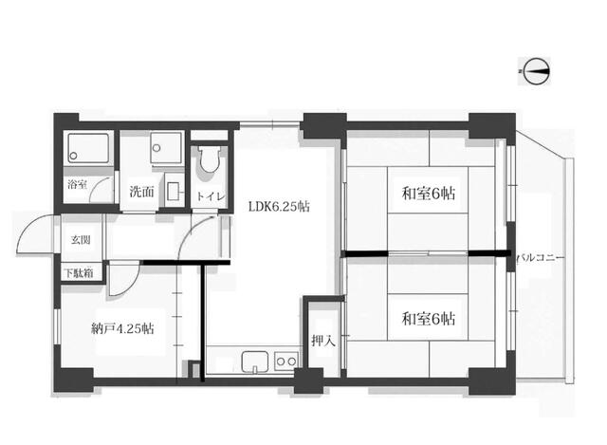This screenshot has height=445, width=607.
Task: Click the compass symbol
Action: [537, 71]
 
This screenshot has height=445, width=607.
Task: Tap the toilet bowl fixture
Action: [210, 159]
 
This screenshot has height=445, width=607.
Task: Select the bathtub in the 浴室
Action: [88, 148]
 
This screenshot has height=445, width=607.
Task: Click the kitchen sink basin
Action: [255, 362]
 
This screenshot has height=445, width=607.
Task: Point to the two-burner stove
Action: [286, 362]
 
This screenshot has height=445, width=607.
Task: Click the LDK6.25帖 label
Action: [279, 207]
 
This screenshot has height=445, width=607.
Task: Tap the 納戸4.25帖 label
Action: [122, 328]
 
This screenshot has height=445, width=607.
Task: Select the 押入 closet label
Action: [322, 341]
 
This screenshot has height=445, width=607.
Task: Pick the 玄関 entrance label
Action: [81, 240]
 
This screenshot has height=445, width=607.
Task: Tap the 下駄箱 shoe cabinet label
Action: [79, 273]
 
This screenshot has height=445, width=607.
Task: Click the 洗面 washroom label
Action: [141, 192]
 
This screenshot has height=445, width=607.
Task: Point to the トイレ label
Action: [211, 196]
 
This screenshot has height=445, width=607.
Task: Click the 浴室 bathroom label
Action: [77, 184]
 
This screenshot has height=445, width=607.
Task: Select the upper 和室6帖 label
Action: [428, 193]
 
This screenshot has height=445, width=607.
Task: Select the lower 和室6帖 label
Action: [428, 319]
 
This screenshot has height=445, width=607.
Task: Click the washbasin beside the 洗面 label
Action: [174, 191]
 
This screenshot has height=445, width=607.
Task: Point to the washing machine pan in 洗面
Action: [166, 148]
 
